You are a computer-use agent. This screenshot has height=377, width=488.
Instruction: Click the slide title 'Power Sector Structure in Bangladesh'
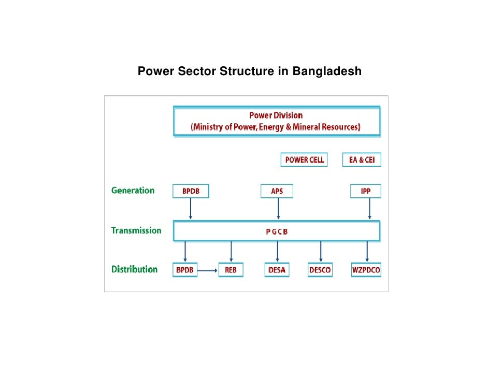pyautogui.click(x=249, y=71)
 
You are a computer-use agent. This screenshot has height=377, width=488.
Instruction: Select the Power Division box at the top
pyautogui.click(x=276, y=121)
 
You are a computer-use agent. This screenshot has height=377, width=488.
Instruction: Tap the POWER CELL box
pyautogui.click(x=305, y=160)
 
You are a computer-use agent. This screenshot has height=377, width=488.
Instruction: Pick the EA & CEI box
pyautogui.click(x=362, y=160)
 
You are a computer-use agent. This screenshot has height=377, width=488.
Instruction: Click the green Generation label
pyautogui.click(x=133, y=191)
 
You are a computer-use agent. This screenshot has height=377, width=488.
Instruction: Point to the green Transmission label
pyautogui.click(x=136, y=230)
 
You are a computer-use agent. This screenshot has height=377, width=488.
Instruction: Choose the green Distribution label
pyautogui.click(x=134, y=269)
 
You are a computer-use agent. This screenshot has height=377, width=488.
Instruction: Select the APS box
pyautogui.click(x=277, y=192)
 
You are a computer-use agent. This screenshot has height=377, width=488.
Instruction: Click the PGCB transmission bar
pyautogui.click(x=276, y=231)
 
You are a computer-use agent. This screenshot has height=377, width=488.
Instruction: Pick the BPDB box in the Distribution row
pyautogui.click(x=185, y=270)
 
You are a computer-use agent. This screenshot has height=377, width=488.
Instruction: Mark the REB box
pyautogui.click(x=231, y=270)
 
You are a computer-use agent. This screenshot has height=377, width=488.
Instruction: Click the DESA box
pyautogui.click(x=277, y=270)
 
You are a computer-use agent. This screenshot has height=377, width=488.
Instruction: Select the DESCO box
pyautogui.click(x=320, y=270)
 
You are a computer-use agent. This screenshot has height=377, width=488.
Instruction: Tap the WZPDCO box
pyautogui.click(x=366, y=270)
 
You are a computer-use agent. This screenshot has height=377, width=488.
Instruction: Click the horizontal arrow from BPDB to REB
pyautogui.click(x=208, y=270)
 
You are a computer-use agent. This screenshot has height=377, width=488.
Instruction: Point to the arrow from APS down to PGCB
pyautogui.click(x=279, y=209)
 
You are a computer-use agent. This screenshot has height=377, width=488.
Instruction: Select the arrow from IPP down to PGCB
pyautogui.click(x=369, y=209)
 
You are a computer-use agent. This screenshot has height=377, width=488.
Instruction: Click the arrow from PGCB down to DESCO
pyautogui.click(x=321, y=252)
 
